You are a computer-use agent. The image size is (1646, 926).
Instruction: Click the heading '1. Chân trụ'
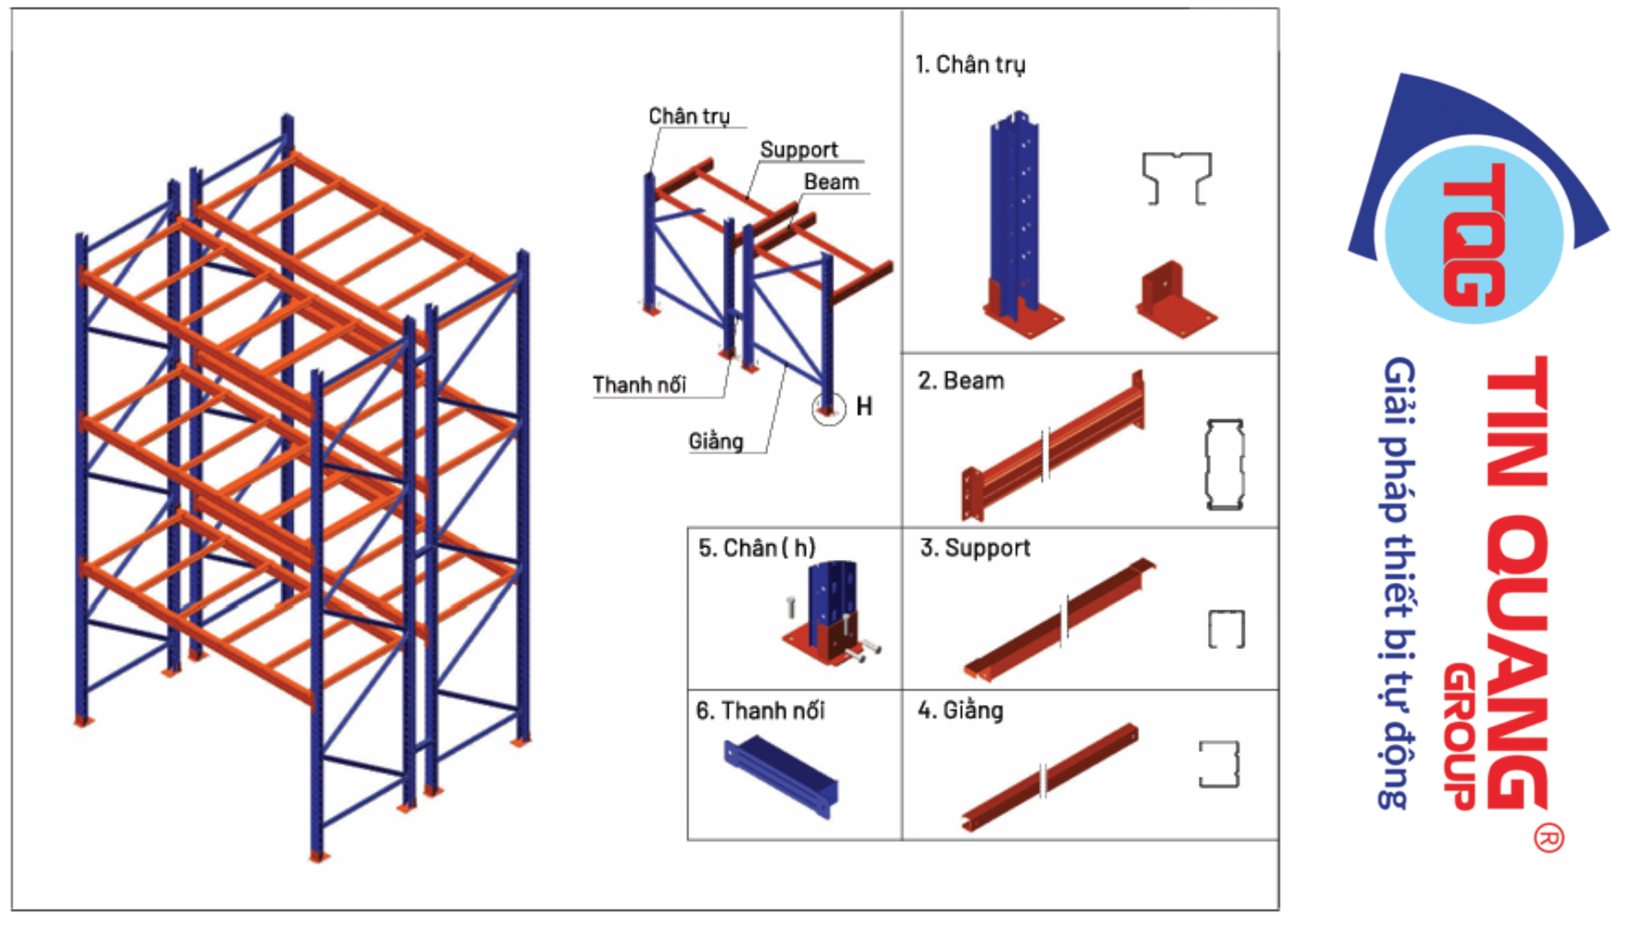[x=970, y=65]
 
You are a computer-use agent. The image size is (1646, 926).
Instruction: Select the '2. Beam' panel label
[x=961, y=381]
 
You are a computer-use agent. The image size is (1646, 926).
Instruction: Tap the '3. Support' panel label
[x=975, y=549]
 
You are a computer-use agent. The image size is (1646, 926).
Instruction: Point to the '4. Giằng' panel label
[x=960, y=711]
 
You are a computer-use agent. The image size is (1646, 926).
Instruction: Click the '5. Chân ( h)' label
[x=756, y=548]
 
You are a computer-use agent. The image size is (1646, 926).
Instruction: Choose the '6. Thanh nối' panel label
[x=760, y=711]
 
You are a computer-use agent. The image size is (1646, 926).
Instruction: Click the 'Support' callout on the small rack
[x=799, y=150]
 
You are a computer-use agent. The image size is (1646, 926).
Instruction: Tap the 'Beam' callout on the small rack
[x=831, y=182]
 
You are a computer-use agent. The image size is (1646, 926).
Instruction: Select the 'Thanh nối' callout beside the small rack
[x=640, y=385]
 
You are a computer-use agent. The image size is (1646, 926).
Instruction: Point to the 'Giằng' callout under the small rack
[x=716, y=442]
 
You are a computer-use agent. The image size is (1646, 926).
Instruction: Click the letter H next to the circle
[x=864, y=406]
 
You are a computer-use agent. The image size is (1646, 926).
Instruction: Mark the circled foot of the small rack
[x=828, y=409]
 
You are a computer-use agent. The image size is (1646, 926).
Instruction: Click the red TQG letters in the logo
[x=1475, y=234]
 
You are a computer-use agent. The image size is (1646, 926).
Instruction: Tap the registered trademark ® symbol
[x=1548, y=838]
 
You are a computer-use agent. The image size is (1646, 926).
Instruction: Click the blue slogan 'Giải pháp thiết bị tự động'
[x=1399, y=583]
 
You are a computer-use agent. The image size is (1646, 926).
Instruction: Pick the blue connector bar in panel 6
[x=780, y=777]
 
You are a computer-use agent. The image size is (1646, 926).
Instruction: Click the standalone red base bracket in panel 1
[x=1175, y=299]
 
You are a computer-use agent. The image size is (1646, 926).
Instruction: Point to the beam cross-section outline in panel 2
[x=1224, y=465]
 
